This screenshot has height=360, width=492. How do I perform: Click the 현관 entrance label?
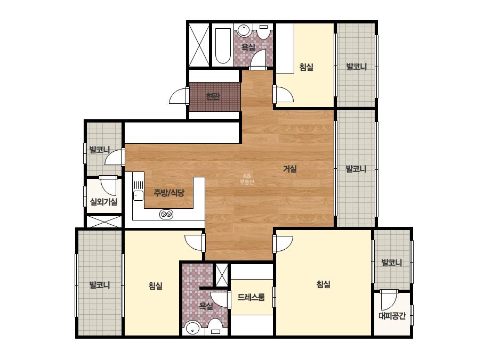point(213,96)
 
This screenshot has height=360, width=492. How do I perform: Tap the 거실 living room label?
point(290,169)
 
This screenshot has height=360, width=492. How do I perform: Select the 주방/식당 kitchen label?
point(169,193)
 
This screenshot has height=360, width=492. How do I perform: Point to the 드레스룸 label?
point(251,297)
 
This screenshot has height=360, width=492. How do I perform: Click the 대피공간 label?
point(392,315)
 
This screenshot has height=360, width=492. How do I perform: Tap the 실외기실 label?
point(103,202)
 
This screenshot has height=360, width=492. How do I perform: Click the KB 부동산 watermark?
point(247,179)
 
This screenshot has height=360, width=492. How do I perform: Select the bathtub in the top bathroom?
point(223,46)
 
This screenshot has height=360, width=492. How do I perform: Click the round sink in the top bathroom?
point(243,30)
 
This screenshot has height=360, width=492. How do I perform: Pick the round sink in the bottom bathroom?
point(192,329)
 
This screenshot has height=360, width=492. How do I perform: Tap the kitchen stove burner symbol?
point(166,215)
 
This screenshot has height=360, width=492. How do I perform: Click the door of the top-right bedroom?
point(284,94)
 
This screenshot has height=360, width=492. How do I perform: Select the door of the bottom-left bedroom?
point(195,243)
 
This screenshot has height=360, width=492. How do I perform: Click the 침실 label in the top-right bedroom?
point(307,67)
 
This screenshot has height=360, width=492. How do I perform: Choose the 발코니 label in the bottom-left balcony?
point(100,285)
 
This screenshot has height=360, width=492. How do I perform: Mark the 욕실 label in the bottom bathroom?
point(206,306)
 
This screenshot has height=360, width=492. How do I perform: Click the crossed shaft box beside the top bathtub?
point(199,45)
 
